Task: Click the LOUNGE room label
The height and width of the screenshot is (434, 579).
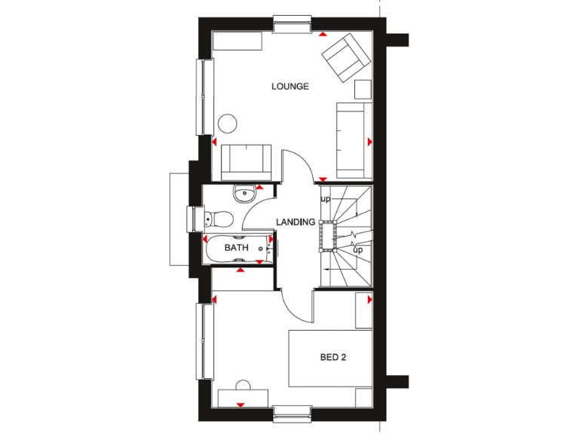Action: (x=290, y=87)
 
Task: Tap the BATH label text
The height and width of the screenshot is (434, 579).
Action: (x=236, y=247)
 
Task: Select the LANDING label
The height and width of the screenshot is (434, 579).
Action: (x=295, y=222)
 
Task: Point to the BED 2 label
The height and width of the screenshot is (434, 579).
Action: (x=332, y=357)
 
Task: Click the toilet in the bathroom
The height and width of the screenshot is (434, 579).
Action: (x=219, y=219)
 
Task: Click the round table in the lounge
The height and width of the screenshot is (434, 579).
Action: (x=228, y=124)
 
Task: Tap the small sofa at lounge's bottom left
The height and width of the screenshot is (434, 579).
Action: (x=245, y=160)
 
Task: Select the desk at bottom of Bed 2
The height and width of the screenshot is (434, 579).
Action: (x=242, y=397)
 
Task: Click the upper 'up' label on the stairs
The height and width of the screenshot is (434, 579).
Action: (x=326, y=200)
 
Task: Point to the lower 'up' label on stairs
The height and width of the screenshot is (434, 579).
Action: (x=358, y=249)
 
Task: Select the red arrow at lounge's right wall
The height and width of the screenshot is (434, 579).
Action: (x=369, y=142)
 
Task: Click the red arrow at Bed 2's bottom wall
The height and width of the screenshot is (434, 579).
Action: (x=241, y=405)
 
